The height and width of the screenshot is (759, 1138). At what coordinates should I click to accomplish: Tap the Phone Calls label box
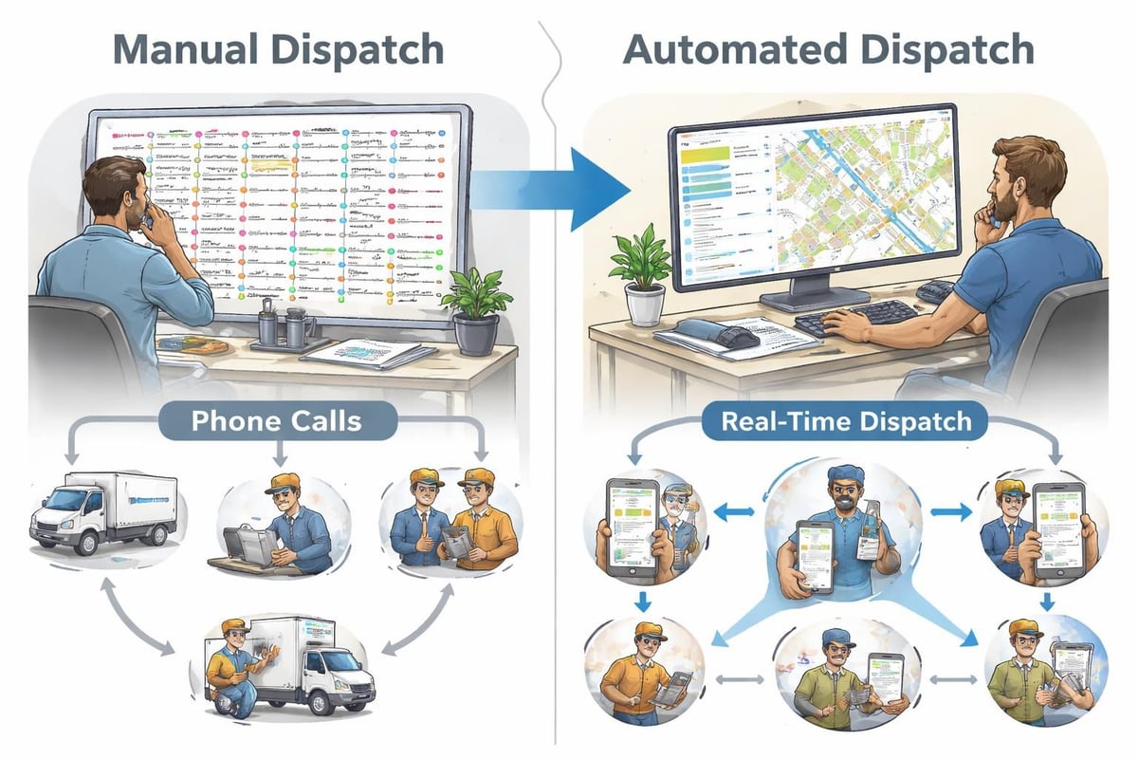pos(276,420)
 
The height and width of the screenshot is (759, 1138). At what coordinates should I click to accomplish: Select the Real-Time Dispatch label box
pos(846,421)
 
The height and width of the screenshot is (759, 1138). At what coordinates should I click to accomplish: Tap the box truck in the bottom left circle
pos(289,664)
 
